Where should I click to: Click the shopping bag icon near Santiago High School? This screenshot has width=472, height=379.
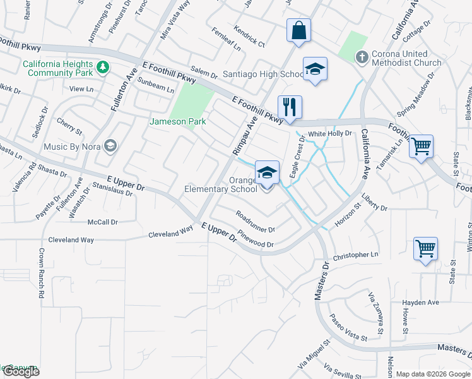(x=299, y=30)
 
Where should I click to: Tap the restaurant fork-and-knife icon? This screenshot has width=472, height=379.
(x=290, y=106)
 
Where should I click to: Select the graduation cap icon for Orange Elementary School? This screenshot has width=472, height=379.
(x=267, y=172)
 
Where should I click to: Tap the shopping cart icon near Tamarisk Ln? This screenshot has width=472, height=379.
(x=421, y=146)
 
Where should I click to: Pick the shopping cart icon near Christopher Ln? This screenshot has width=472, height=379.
(x=425, y=248)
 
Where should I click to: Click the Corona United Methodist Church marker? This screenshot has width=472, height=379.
(x=362, y=58)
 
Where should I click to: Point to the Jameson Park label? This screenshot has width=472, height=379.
(x=178, y=121)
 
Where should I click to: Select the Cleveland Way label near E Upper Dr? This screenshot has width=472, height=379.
(x=170, y=234)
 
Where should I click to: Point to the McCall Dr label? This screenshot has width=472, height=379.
(x=103, y=222)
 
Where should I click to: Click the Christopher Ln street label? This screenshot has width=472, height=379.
(x=356, y=255)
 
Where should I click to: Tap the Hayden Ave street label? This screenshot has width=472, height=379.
(x=421, y=303)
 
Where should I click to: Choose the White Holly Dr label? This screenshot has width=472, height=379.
(x=329, y=134)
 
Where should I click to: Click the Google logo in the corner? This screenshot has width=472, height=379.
(x=20, y=371)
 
